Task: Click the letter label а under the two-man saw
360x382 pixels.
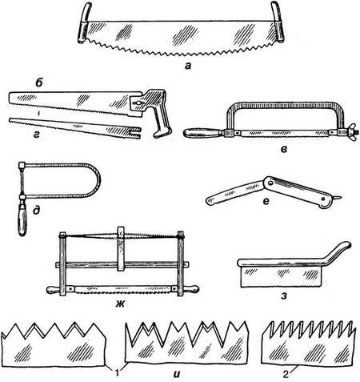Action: [188, 66]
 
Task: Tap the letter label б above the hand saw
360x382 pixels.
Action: [39, 83]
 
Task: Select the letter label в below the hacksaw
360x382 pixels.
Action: [284, 150]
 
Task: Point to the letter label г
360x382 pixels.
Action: [36, 135]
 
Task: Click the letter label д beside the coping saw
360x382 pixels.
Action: [37, 211]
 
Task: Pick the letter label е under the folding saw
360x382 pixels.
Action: [266, 201]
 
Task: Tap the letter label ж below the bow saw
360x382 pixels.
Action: [120, 304]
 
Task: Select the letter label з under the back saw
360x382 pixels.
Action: [284, 296]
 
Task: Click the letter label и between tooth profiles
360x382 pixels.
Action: [177, 374]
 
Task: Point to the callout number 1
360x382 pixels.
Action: [118, 373]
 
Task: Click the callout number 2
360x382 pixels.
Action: [286, 374]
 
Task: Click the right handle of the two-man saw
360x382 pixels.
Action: [278, 22]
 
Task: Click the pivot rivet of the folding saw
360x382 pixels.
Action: [270, 183]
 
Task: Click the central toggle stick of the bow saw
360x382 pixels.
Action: [121, 249]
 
